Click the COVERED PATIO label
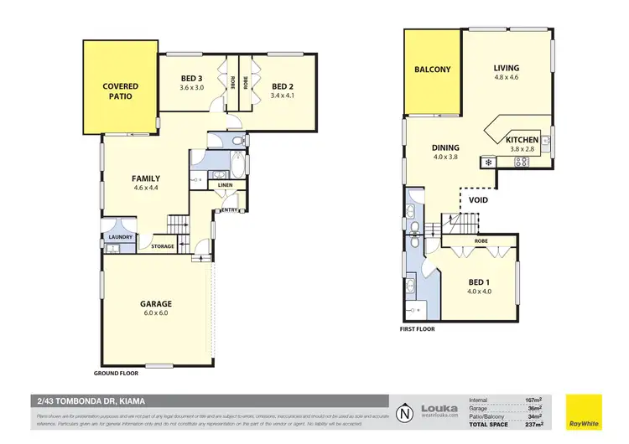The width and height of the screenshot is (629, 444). (120, 90)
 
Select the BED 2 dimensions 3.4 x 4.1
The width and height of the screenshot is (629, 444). (286, 95)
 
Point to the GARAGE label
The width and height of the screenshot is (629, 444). (156, 303)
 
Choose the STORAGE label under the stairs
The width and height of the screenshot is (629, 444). (163, 246)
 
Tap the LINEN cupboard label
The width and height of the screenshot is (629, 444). (225, 185)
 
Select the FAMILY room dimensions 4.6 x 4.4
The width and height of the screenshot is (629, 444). (146, 188)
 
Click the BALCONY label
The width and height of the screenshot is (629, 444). (433, 70)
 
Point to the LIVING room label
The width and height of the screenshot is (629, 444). (506, 69)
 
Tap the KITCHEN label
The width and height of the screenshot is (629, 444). (521, 139)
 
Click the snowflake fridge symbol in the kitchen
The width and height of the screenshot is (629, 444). (486, 161)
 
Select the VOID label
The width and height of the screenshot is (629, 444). (479, 200)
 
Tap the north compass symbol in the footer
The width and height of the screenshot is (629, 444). (406, 411)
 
